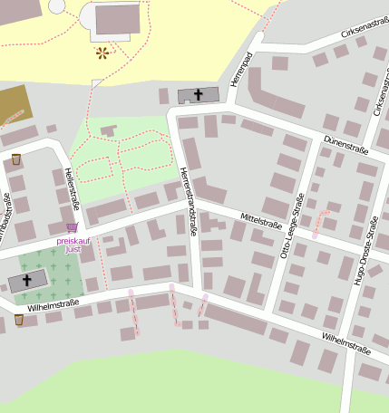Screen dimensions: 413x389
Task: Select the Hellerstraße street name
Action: [73, 188]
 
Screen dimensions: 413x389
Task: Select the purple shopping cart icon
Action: [71, 227]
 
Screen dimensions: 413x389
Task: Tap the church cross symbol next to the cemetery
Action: [27, 281]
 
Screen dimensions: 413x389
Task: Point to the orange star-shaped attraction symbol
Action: [102, 53]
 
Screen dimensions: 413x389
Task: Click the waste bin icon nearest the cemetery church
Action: [19, 319]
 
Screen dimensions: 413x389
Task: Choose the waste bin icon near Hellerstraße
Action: [16, 160]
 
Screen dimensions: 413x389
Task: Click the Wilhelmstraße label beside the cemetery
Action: [53, 306]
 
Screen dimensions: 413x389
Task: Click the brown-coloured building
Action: [13, 105]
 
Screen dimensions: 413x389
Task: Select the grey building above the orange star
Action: [117, 19]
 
